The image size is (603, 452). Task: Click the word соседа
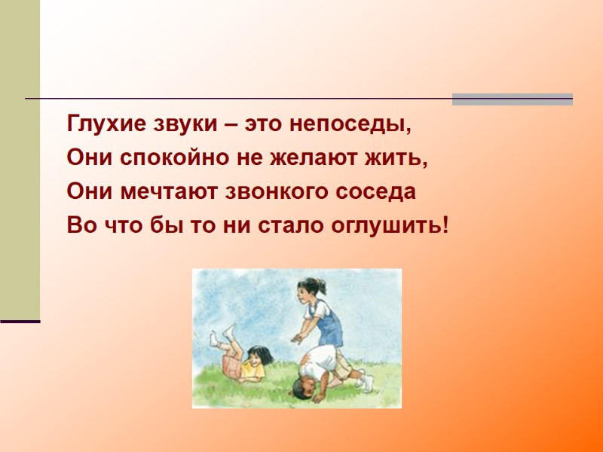click(378, 191)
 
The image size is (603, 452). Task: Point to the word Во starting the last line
click(81, 224)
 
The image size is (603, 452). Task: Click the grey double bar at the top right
click(512, 99)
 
